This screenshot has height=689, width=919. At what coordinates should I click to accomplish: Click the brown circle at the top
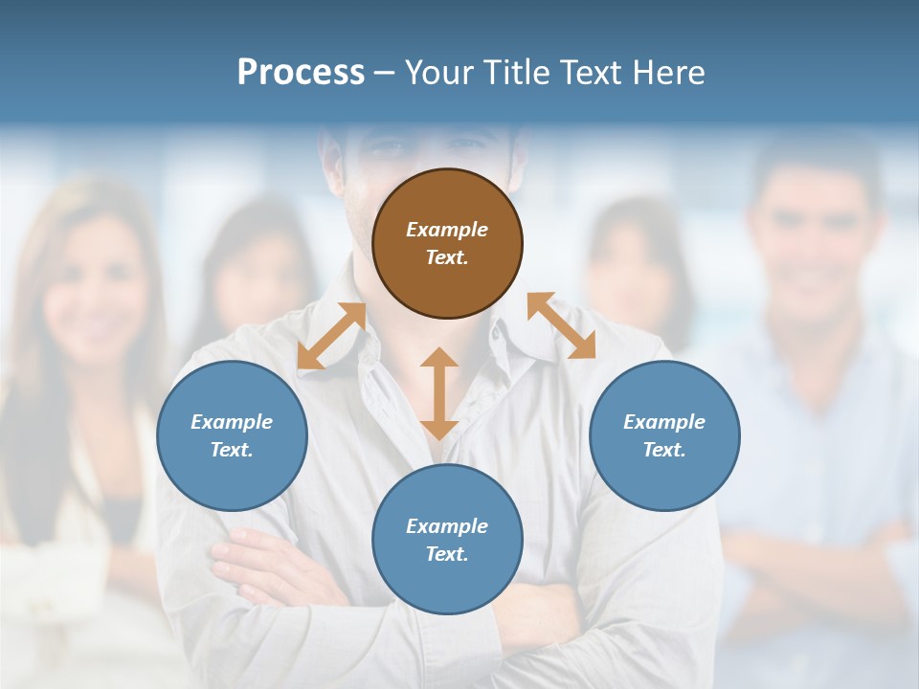447,243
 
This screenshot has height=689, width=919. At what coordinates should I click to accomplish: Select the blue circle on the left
232,435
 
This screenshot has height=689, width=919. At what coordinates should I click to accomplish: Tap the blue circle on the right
664,435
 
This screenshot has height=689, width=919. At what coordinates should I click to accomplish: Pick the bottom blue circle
447,540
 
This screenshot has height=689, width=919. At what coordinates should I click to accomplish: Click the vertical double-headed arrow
439,393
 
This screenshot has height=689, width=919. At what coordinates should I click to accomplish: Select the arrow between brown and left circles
331,336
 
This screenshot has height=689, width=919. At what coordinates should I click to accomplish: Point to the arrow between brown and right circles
561,325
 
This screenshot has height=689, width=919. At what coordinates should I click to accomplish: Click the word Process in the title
301,73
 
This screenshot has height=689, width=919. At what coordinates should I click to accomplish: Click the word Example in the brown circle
447,230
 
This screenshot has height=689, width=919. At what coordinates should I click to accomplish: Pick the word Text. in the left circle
232,450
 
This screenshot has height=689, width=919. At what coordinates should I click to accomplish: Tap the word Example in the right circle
664,422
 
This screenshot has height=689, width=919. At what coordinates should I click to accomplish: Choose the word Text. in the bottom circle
447,554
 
